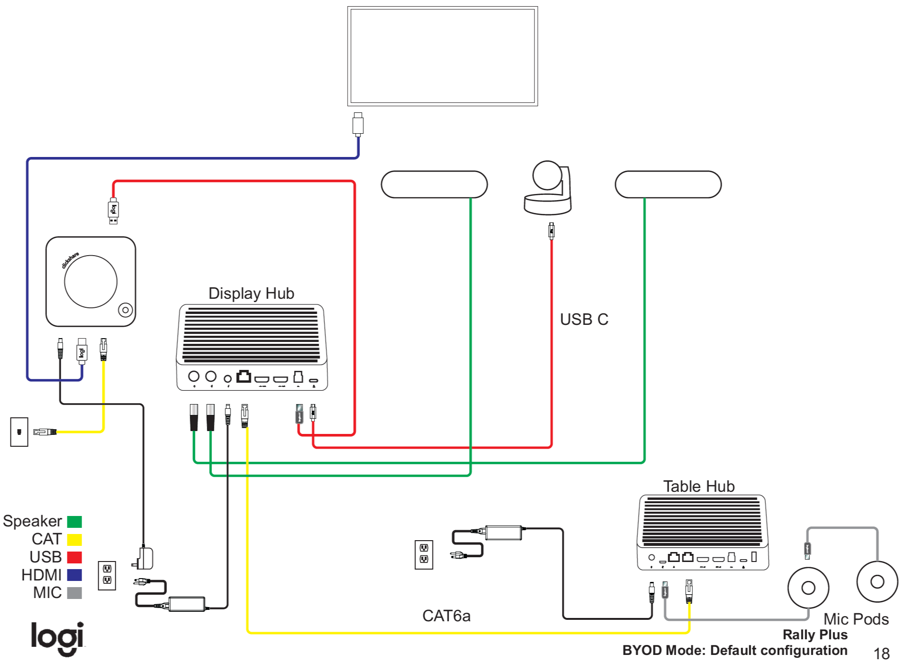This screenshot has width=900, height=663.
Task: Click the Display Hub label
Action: pyautogui.click(x=251, y=294)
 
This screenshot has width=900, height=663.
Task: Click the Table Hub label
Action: pyautogui.click(x=698, y=487)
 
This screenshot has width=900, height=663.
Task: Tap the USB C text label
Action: pyautogui.click(x=584, y=320)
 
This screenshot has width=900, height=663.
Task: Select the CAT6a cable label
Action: pyautogui.click(x=446, y=616)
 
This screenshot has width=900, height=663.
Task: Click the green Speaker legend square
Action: pyautogui.click(x=74, y=522)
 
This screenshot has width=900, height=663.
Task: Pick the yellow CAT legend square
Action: pyautogui.click(x=74, y=540)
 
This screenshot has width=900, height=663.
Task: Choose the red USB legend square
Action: pyautogui.click(x=74, y=557)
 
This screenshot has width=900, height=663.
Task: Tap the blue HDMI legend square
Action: pyautogui.click(x=74, y=575)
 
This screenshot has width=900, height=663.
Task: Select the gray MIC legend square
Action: pyautogui.click(x=74, y=593)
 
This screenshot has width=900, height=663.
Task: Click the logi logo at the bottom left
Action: pyautogui.click(x=57, y=638)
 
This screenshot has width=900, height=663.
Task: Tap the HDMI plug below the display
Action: pyautogui.click(x=358, y=125)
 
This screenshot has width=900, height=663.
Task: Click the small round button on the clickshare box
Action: pyautogui.click(x=125, y=310)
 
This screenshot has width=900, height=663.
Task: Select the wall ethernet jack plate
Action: pyautogui.click(x=19, y=432)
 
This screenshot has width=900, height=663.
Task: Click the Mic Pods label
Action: pyautogui.click(x=856, y=619)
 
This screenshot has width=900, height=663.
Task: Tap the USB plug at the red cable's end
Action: pyautogui.click(x=113, y=212)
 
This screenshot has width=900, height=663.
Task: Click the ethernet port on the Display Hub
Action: pyautogui.click(x=244, y=377)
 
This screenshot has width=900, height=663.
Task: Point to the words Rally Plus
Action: pyautogui.click(x=815, y=635)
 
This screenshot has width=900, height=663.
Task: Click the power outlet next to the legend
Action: pyautogui.click(x=107, y=575)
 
